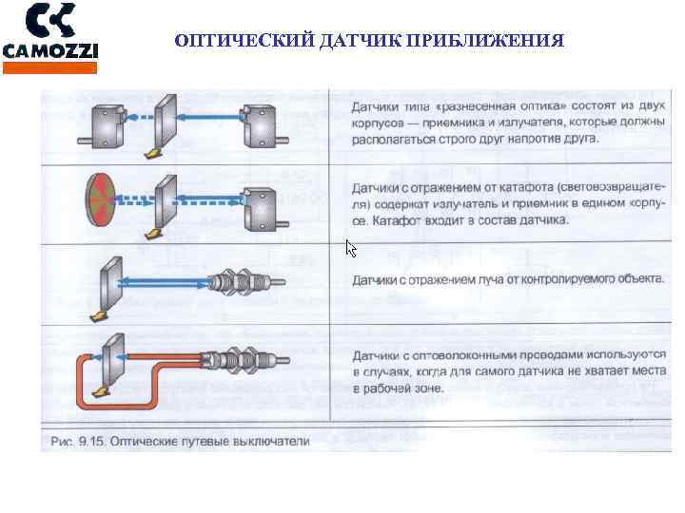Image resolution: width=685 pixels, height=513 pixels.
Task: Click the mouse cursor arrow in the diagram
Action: click(x=350, y=249)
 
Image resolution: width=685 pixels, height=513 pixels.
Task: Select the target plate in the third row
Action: click(x=109, y=284)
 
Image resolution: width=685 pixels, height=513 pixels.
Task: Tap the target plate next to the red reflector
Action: click(x=163, y=202)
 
